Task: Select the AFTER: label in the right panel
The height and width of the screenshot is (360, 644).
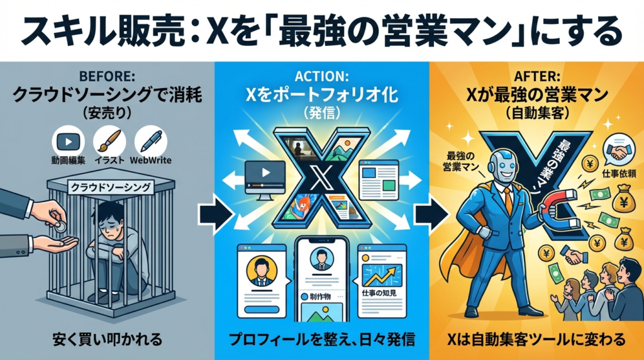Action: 535,76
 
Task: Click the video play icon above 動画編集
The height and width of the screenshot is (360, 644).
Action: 67,140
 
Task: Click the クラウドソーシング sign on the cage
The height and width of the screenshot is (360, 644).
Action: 111,187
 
